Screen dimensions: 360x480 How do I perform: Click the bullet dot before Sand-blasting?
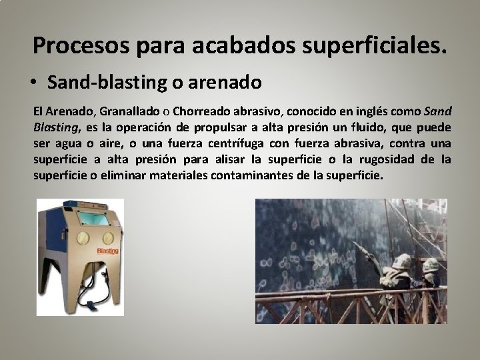(x=38, y=83)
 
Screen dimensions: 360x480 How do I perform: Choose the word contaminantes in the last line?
(x=253, y=176)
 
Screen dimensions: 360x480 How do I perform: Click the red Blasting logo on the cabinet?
(x=107, y=251)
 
